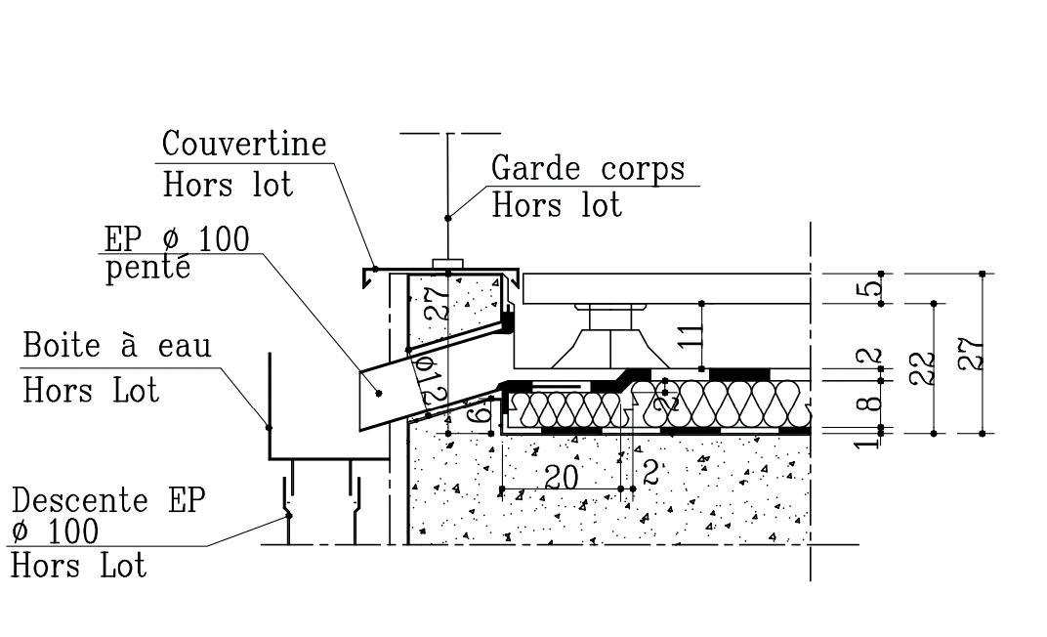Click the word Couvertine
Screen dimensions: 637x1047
(244, 144)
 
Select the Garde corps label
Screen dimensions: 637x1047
(588, 168)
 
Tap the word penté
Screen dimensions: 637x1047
(147, 268)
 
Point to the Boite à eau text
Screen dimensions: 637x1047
(117, 346)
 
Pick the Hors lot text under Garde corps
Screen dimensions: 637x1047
(557, 205)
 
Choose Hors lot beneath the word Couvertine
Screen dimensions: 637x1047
(228, 184)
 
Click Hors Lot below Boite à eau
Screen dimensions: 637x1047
(91, 391)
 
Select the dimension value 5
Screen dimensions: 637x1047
(875, 288)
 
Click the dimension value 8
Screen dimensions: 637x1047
(875, 401)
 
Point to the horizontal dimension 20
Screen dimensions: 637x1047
(563, 477)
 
